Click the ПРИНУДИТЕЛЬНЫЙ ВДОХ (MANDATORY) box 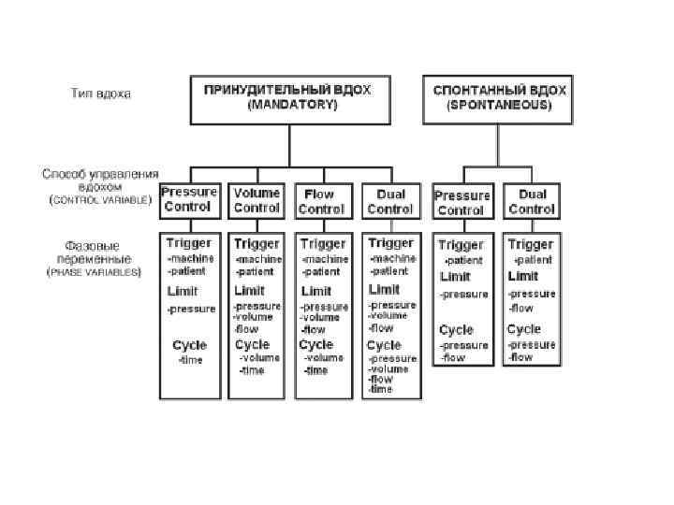tap(290, 98)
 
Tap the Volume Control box tap(256, 200)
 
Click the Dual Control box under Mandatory tap(390, 201)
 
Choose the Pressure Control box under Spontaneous tap(462, 202)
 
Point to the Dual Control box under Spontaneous tap(531, 202)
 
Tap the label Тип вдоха tap(101, 94)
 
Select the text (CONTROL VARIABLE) tap(100, 200)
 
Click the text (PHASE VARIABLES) tap(94, 272)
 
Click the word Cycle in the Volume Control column tap(252, 344)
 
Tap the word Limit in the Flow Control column tap(315, 291)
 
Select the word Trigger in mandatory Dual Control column tap(390, 243)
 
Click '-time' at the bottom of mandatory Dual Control tap(380, 389)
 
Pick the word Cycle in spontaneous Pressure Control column tap(456, 329)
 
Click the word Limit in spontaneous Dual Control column tap(522, 276)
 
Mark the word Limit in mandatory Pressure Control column tap(181, 291)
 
